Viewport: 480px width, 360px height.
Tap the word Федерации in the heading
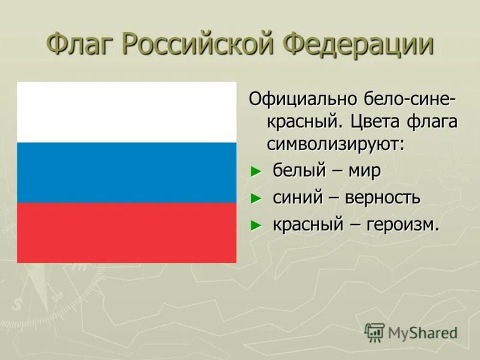pyautogui.click(x=358, y=45)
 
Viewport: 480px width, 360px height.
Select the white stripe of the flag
pyautogui.click(x=127, y=112)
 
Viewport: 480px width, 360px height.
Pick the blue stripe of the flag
pyautogui.click(x=127, y=172)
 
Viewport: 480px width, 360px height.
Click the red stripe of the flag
pyautogui.click(x=127, y=232)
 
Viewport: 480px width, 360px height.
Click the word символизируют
pyautogui.click(x=335, y=144)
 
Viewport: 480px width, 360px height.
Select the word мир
pyautogui.click(x=364, y=171)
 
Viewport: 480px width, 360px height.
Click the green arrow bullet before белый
pyautogui.click(x=256, y=172)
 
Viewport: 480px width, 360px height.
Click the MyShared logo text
pyautogui.click(x=422, y=332)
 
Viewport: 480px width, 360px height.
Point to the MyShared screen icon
pyautogui.click(x=374, y=332)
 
